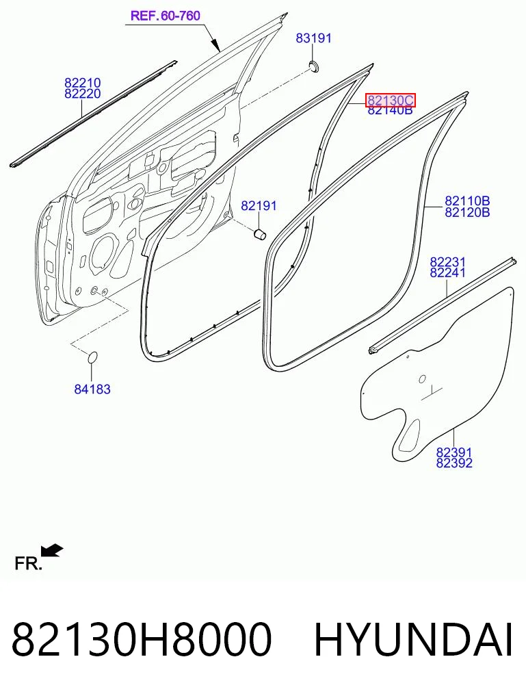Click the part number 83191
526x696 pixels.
(313, 38)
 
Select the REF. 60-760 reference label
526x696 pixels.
(166, 16)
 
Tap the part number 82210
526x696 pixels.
(83, 83)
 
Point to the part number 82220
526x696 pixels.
(83, 94)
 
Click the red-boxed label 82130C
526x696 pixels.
(391, 101)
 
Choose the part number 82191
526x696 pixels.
(259, 206)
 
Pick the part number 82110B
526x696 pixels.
(467, 201)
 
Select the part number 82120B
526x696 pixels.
(467, 212)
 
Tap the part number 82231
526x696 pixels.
(447, 262)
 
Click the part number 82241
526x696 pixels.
(447, 272)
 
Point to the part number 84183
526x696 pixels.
(92, 389)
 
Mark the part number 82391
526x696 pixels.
(454, 452)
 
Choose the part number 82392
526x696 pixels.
(454, 463)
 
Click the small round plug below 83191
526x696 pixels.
(315, 66)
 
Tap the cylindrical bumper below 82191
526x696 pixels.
(259, 233)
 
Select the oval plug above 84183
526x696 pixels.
(92, 357)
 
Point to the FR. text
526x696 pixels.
(28, 564)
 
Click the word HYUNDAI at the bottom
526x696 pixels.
(413, 639)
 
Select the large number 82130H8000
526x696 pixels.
(141, 639)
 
